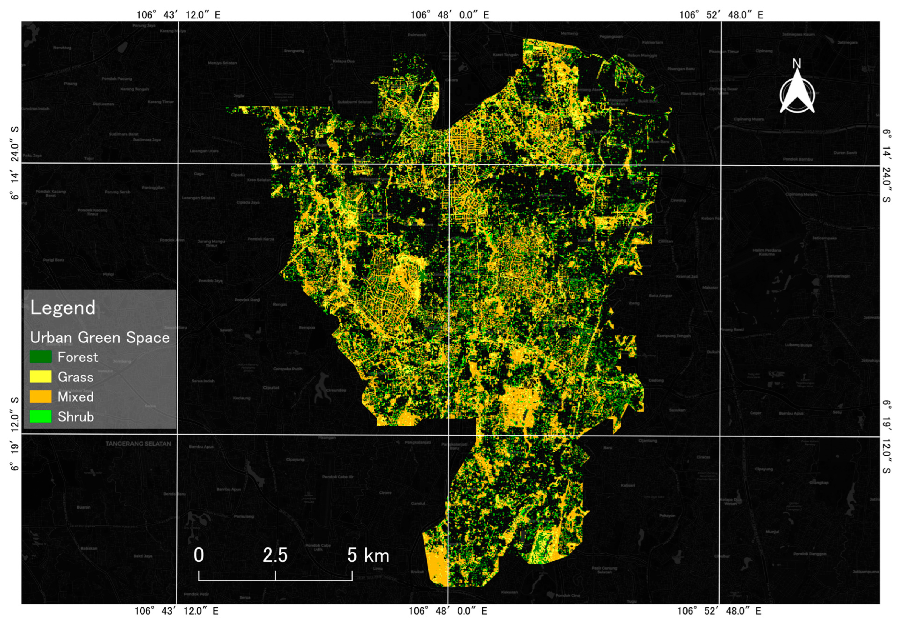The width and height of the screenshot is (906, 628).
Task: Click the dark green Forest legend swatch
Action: [x=41, y=357]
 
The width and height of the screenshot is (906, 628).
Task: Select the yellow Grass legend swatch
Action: [x=41, y=376]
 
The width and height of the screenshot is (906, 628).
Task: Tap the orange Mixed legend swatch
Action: [x=41, y=397]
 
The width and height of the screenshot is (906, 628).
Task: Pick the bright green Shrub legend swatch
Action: [x=41, y=416]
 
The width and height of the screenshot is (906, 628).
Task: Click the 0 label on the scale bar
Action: [x=199, y=555]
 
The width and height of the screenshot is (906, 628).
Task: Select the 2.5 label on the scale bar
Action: [x=275, y=555]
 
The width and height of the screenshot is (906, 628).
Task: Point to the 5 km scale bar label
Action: [x=368, y=555]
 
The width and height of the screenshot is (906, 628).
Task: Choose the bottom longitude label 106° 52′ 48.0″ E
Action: [x=719, y=611]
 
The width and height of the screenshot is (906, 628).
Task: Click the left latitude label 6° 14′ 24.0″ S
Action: [x=15, y=163]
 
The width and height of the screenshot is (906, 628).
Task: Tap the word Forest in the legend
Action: [x=78, y=357]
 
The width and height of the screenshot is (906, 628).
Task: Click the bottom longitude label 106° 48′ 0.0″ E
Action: [x=448, y=611]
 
